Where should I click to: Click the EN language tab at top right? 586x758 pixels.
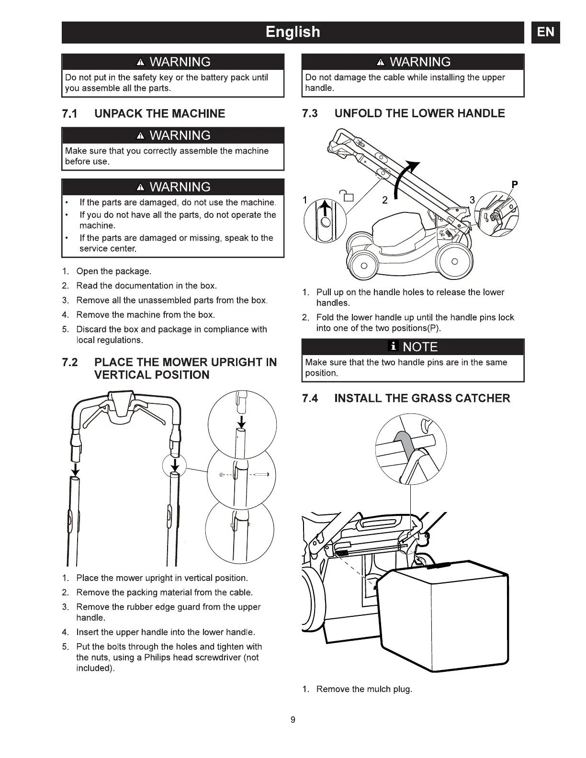(545, 32)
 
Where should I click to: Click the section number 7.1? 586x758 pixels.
(70, 114)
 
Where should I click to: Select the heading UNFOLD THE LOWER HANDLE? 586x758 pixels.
(419, 113)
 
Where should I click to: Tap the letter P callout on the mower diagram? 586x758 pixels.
(515, 184)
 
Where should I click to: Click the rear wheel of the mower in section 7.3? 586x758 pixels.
(454, 261)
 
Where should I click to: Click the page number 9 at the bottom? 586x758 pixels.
(293, 720)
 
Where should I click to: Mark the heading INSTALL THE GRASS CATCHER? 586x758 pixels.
(422, 398)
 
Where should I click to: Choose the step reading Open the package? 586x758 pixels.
(113, 271)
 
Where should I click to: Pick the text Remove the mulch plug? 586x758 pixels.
(364, 689)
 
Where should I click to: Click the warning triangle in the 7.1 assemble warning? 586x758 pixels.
(140, 136)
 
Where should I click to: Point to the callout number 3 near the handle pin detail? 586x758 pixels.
(472, 200)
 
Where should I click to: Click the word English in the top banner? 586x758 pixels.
(293, 32)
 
